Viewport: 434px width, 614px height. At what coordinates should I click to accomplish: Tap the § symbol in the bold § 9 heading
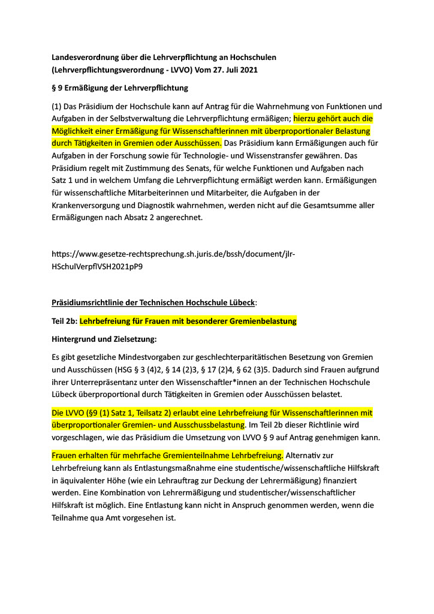pyautogui.click(x=55, y=88)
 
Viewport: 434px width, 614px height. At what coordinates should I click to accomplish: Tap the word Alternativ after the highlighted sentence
pyautogui.click(x=305, y=456)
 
